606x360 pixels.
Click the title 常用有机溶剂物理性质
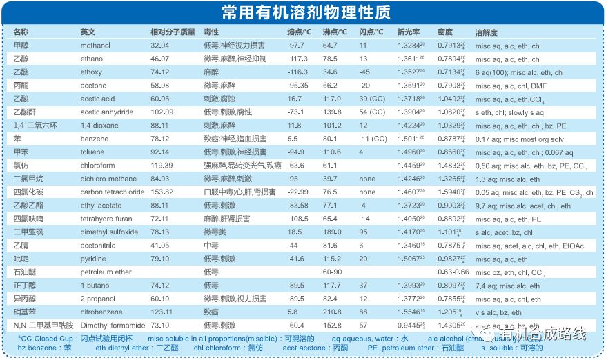304,13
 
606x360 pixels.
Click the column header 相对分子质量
173,32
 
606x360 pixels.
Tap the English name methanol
95,46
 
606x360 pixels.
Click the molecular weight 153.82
162,192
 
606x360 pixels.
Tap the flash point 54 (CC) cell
371,112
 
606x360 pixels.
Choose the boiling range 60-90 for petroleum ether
333,272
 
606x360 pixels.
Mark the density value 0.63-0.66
453,272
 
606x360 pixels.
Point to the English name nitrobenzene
101,312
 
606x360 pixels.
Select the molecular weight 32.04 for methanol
159,46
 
